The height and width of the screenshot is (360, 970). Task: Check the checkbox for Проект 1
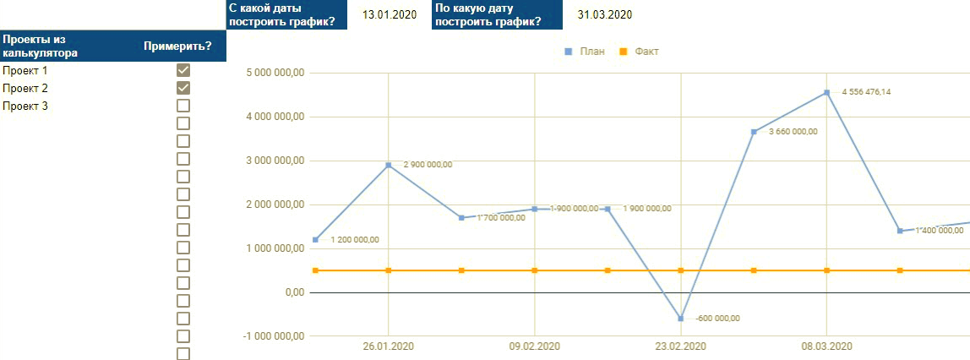[x=183, y=70]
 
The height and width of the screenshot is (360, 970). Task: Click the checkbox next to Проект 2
[x=183, y=88]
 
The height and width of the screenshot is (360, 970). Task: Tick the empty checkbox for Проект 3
[x=183, y=106]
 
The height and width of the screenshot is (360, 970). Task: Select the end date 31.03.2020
[x=605, y=14]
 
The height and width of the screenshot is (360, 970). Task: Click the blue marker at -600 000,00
[x=681, y=319]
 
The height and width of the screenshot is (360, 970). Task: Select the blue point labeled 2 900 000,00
[x=389, y=165]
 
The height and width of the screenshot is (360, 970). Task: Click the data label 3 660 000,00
[x=793, y=131]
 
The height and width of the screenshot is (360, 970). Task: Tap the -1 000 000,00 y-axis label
[x=272, y=336]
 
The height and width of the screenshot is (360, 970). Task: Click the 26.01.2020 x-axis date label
[x=389, y=346]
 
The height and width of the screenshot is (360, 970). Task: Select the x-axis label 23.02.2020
[x=681, y=346]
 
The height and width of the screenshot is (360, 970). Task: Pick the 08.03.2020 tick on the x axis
[x=826, y=346]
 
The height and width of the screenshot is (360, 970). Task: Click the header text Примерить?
[x=177, y=46]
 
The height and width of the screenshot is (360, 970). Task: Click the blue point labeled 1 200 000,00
[x=315, y=240]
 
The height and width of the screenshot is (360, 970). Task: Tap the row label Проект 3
[x=25, y=106]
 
